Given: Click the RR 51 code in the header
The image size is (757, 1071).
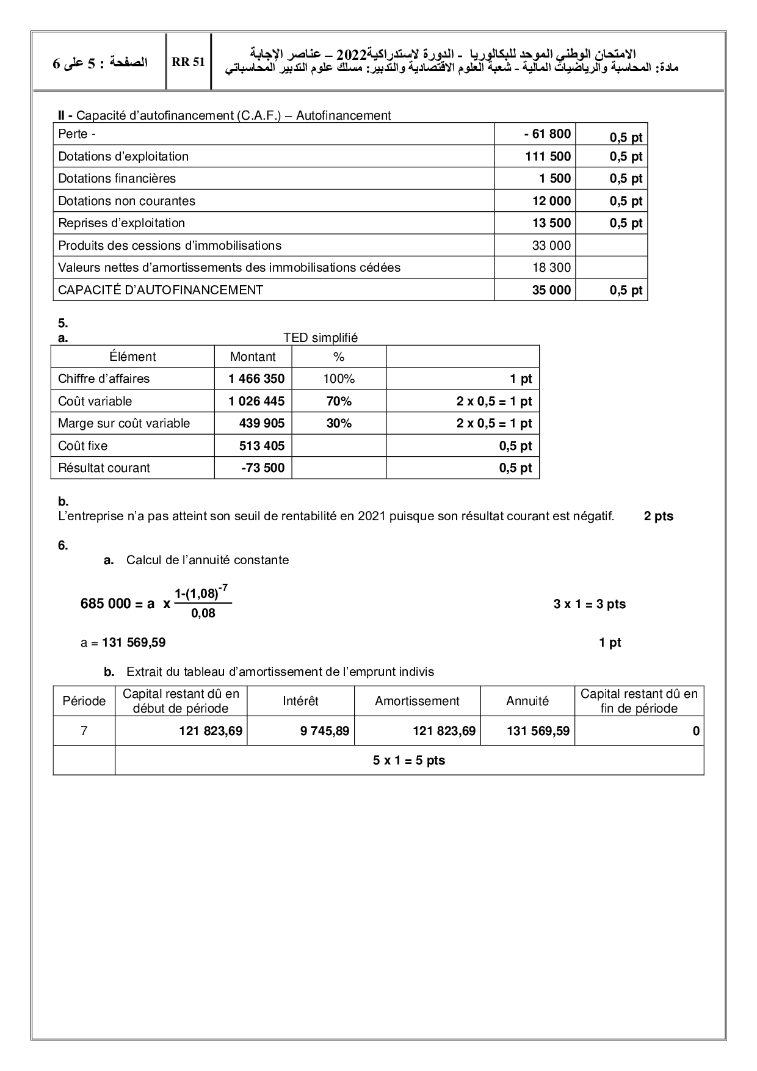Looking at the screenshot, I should [x=188, y=62].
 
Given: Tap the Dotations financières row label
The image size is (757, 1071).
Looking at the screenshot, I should [x=117, y=178].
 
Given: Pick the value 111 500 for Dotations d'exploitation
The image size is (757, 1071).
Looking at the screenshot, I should [x=548, y=156].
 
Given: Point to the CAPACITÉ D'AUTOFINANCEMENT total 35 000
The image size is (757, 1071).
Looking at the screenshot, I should [x=551, y=290].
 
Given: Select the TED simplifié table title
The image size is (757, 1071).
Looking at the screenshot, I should [x=320, y=338].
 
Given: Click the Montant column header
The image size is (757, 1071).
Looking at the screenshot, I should [x=253, y=357].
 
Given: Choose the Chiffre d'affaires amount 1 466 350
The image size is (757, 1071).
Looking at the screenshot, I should [x=256, y=379].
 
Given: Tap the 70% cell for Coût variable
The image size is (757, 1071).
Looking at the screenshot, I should [x=339, y=401].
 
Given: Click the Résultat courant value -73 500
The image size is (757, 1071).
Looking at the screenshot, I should [x=263, y=468].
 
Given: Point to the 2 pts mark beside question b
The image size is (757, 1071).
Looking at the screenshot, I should [x=658, y=516].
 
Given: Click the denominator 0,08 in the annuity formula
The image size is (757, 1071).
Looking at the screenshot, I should [x=203, y=613].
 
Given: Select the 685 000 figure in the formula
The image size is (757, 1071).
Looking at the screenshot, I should [x=106, y=604].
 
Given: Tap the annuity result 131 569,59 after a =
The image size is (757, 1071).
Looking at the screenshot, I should [x=134, y=642].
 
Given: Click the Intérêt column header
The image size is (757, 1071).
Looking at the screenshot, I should [x=300, y=701].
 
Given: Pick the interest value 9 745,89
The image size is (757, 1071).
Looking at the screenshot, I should [x=325, y=731].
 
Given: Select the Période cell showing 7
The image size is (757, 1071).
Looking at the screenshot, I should [x=84, y=731].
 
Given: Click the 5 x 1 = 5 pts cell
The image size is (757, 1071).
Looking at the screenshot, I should [x=409, y=761].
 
